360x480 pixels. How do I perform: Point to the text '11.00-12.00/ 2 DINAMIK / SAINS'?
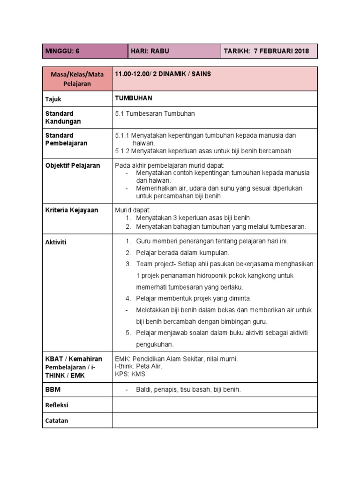[x=163, y=75]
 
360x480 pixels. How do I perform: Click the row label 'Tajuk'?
[x=53, y=99]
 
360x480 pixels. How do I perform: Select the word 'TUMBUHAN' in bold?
[x=133, y=99]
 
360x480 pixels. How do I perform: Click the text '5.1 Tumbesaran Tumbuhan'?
[x=154, y=113]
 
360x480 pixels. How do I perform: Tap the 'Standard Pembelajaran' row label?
[x=66, y=139]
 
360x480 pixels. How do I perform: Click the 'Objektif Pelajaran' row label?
[x=72, y=165]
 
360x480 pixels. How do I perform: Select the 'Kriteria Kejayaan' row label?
[x=71, y=210]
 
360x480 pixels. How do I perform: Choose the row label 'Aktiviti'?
[x=56, y=242]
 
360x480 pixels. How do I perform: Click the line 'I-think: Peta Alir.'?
[x=138, y=367]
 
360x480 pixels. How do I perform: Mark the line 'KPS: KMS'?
[x=130, y=374]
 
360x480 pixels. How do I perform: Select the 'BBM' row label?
[x=53, y=390]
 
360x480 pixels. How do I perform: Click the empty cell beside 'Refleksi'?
[x=215, y=405]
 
